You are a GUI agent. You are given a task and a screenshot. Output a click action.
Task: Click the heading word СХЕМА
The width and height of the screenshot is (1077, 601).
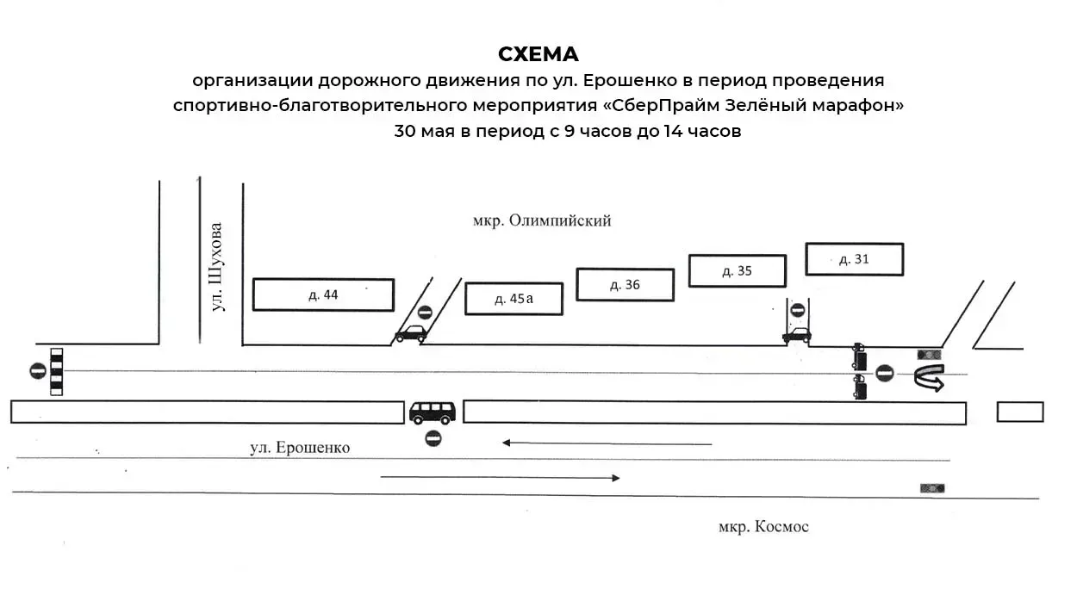click(538, 54)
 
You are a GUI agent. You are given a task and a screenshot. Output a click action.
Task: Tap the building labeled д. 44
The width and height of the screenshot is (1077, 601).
click(323, 294)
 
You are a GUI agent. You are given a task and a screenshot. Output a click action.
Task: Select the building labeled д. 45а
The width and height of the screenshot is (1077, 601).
click(514, 299)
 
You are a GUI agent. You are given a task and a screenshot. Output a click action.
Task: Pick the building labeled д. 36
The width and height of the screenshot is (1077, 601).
click(625, 285)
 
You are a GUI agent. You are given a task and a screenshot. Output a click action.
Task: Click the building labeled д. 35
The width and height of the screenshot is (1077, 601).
click(737, 271)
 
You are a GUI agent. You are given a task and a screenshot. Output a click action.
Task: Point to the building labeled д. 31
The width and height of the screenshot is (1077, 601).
click(855, 259)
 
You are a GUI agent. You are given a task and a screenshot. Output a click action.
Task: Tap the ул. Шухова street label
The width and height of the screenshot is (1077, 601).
click(217, 267)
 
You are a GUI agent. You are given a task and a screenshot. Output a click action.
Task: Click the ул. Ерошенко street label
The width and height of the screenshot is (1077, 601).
click(300, 448)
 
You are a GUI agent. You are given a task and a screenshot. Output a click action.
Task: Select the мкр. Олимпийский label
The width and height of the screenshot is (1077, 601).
click(542, 221)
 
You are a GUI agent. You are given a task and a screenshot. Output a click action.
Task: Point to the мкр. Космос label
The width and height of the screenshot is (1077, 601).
click(763, 527)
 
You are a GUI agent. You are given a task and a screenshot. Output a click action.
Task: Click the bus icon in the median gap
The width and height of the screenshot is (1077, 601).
click(433, 412)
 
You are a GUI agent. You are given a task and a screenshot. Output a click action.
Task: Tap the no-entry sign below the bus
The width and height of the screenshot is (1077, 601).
click(433, 438)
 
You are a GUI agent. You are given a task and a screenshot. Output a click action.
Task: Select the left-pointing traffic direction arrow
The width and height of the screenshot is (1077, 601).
click(607, 443)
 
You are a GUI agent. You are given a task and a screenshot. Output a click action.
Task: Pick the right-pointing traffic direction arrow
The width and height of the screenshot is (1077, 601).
click(500, 478)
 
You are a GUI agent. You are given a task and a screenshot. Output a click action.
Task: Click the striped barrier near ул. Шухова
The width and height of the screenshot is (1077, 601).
click(56, 372)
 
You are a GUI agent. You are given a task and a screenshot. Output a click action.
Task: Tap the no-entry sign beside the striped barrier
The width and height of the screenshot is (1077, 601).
click(38, 371)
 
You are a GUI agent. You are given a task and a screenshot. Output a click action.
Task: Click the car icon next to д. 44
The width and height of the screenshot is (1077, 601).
click(411, 333)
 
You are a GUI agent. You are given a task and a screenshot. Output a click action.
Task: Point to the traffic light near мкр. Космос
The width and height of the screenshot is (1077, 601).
click(932, 488)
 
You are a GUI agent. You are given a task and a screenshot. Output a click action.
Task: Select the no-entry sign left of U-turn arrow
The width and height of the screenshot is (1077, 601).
click(884, 374)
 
